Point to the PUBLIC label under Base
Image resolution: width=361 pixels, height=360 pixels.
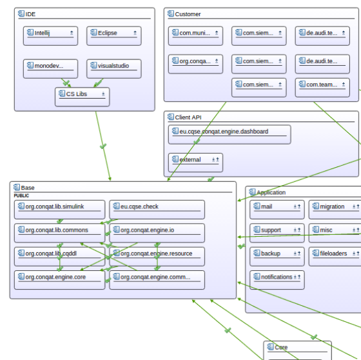(x=21, y=195)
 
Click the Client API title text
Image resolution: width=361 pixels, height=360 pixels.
(x=188, y=117)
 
